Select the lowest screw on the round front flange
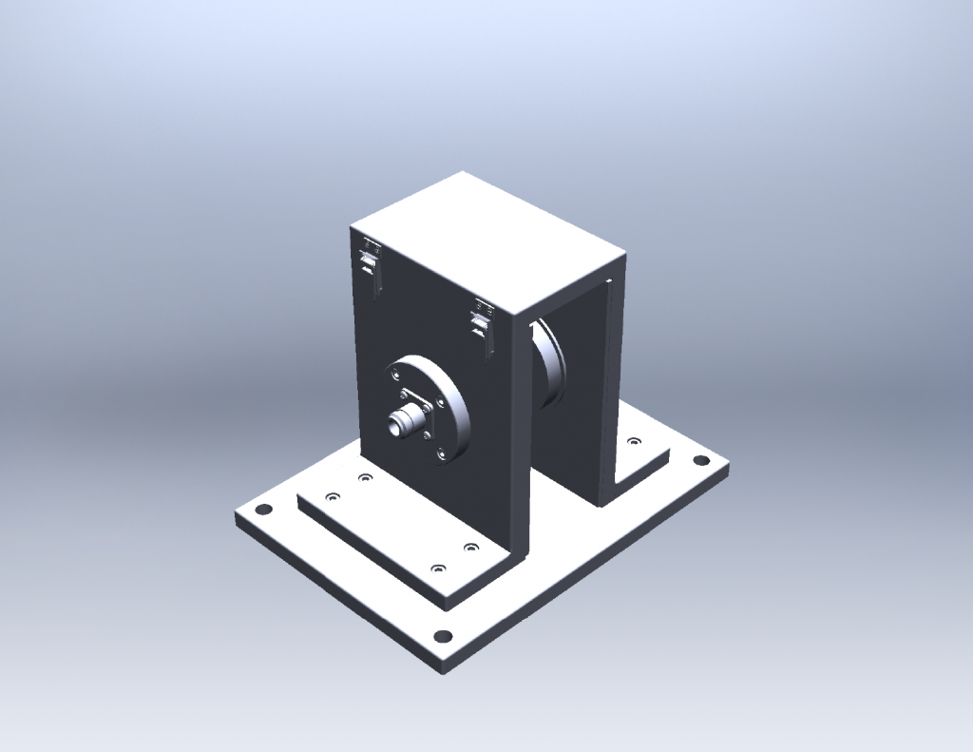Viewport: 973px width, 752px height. [x=443, y=456]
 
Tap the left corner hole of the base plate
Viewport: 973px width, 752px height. [x=263, y=509]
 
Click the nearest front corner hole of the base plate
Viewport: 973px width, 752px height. [x=442, y=636]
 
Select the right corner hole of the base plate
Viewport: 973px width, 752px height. [x=700, y=460]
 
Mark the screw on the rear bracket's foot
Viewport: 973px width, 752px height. [x=634, y=441]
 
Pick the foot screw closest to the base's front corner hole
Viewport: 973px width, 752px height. [x=438, y=569]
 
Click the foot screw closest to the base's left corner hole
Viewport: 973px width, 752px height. [x=332, y=496]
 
